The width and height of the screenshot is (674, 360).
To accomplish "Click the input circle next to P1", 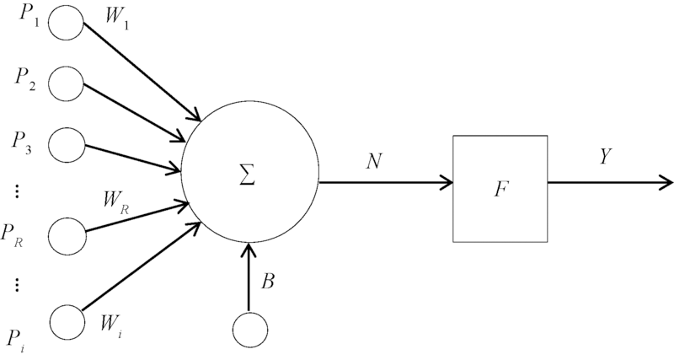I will tap(66, 24).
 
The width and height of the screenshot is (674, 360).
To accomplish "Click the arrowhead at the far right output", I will tap(666, 181).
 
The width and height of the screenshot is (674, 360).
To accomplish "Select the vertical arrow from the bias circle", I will tap(249, 278).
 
